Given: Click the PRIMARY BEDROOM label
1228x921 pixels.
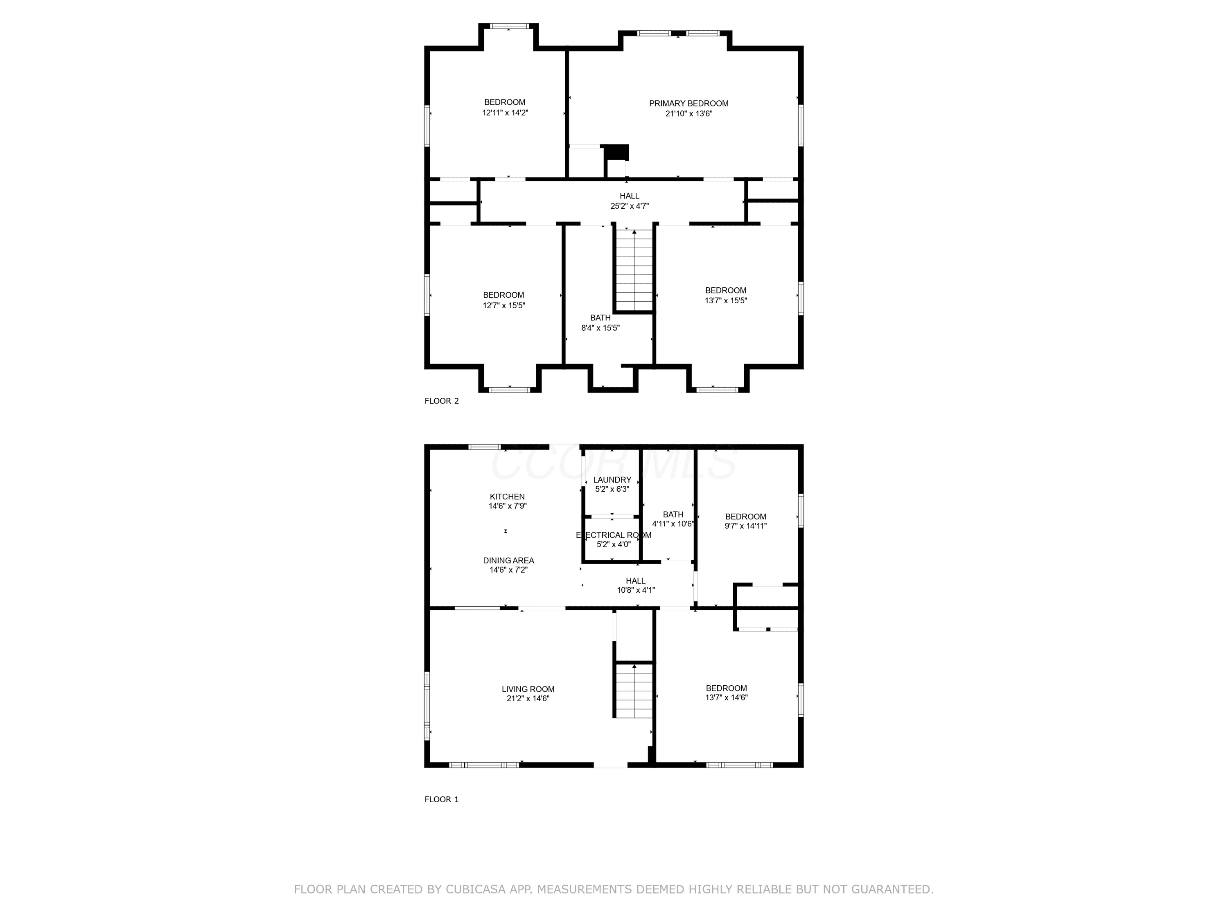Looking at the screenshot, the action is click(x=688, y=103).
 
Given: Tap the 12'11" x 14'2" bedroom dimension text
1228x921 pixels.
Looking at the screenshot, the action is click(x=505, y=113).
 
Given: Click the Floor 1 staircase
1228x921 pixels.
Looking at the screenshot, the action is click(x=633, y=690).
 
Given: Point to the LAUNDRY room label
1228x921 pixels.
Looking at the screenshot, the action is click(x=612, y=480).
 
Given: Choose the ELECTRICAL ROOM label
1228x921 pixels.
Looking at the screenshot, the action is click(x=614, y=535).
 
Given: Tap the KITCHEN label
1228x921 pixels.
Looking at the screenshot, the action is click(x=507, y=497).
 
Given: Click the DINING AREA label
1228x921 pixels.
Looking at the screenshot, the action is click(x=508, y=561).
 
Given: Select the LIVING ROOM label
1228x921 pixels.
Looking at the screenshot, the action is click(x=528, y=689).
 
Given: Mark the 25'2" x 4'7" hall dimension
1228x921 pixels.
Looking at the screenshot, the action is click(x=630, y=206).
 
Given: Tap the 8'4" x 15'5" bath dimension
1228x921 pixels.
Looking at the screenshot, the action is click(x=600, y=328).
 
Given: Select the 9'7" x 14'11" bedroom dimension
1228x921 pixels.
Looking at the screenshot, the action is click(x=745, y=526).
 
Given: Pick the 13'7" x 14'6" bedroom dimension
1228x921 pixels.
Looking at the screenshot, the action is click(x=727, y=698).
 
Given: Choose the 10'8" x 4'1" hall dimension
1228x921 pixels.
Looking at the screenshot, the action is click(x=636, y=590).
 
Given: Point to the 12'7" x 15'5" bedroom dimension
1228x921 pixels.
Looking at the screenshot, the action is click(x=503, y=305).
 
